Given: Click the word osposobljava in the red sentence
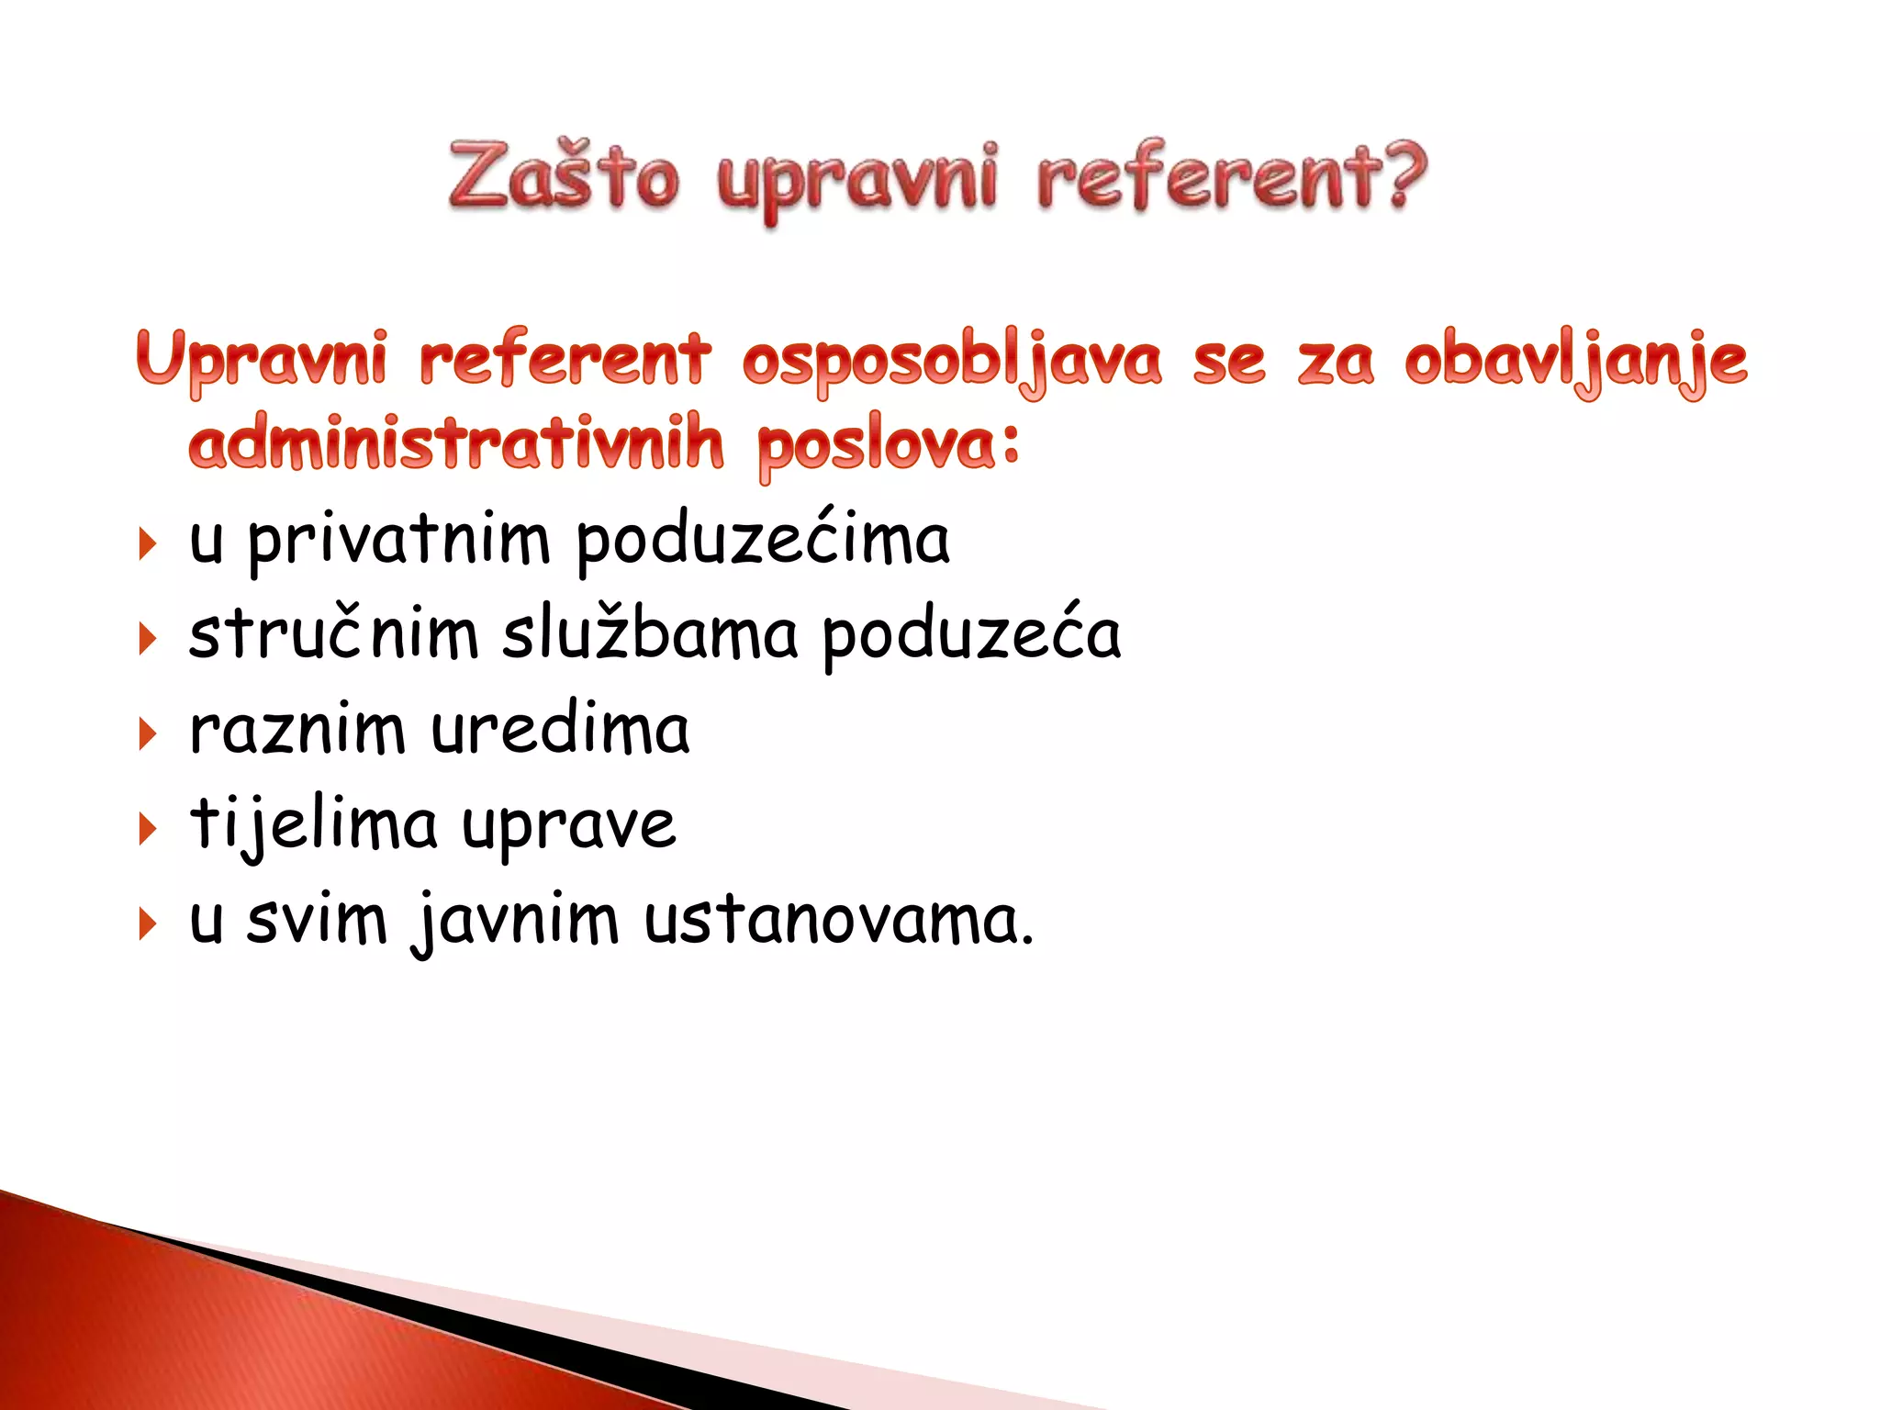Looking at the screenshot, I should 951,361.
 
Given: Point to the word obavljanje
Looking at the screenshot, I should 1575,361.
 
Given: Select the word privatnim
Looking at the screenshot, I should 398,542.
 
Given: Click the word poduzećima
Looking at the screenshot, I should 763,542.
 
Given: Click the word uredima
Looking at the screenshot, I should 560,731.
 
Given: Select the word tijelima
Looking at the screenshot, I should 313,824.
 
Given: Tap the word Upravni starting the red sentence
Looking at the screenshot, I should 262,361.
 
